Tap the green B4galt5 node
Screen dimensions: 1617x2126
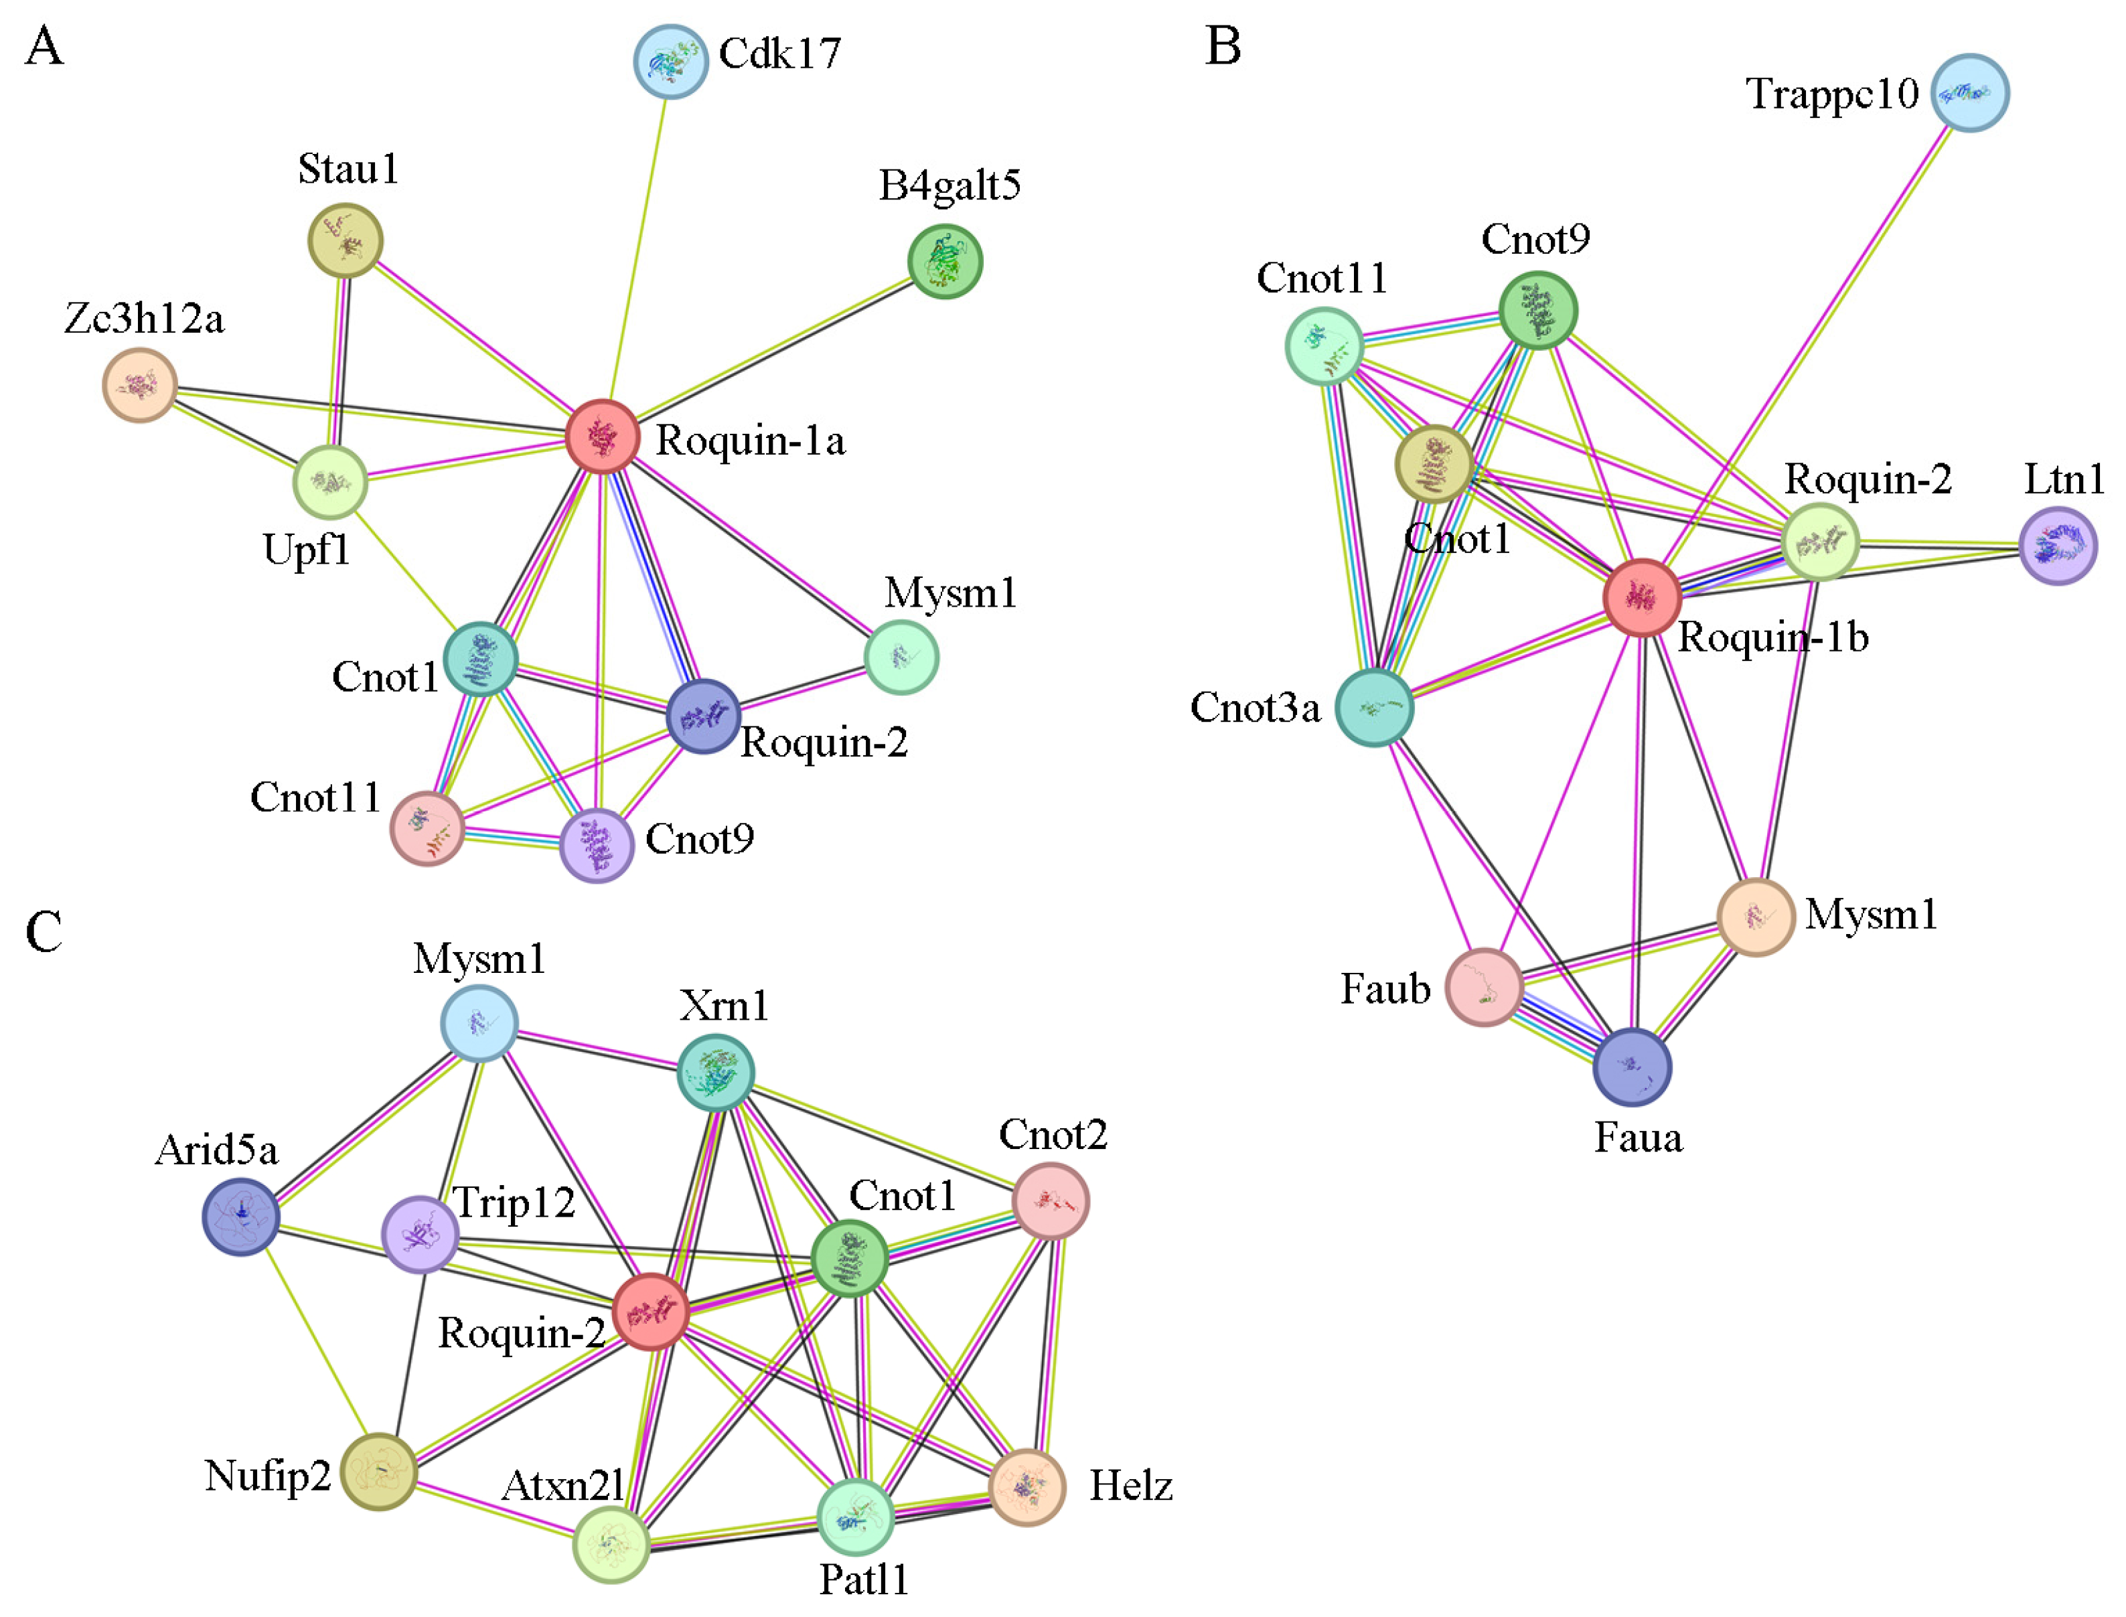click(x=944, y=262)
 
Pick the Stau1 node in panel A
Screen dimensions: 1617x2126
click(x=345, y=240)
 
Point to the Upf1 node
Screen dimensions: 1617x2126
click(x=330, y=482)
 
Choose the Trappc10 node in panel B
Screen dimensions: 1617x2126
click(x=1969, y=92)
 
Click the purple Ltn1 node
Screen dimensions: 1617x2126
click(x=2058, y=546)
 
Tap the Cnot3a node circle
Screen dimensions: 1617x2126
click(x=1374, y=708)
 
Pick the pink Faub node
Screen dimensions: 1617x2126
click(x=1484, y=986)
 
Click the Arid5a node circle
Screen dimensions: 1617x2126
click(x=240, y=1217)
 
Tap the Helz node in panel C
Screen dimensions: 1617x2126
click(x=1027, y=1487)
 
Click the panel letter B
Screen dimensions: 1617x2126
click(x=1222, y=46)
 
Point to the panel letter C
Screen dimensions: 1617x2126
click(x=44, y=932)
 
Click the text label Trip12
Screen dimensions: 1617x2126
click(x=514, y=1203)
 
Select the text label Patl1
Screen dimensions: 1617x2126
click(x=863, y=1580)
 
